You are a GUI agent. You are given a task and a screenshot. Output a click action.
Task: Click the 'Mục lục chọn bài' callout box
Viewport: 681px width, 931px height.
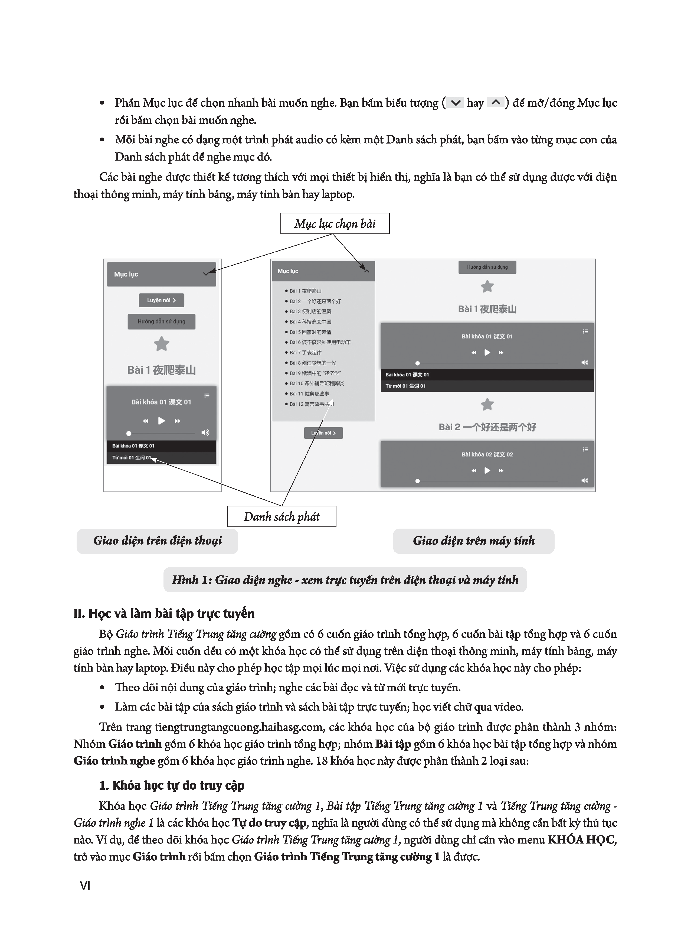[x=335, y=223]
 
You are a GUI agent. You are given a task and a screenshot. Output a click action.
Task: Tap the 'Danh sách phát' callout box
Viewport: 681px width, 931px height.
[x=281, y=516]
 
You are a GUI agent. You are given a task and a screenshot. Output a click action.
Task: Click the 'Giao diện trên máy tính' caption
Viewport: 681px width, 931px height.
[x=474, y=541]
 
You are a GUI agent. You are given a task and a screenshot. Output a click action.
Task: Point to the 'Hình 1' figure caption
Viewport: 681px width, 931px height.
[x=345, y=580]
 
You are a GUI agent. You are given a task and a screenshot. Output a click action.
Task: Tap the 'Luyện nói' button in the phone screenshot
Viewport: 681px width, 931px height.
[x=161, y=300]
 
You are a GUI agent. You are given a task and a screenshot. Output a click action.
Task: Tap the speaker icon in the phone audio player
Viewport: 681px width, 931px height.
[x=205, y=432]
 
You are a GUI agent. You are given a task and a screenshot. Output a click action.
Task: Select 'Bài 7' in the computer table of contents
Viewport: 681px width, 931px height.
[x=305, y=353]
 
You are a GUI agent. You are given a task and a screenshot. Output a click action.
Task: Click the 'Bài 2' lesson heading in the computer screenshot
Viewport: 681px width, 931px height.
[x=487, y=427]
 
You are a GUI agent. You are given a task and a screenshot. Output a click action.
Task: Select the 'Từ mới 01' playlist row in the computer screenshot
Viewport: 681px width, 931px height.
[x=487, y=386]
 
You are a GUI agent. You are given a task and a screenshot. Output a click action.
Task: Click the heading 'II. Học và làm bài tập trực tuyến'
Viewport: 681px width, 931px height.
[x=164, y=614]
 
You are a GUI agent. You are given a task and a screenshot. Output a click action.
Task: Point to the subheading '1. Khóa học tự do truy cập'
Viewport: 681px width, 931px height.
[x=172, y=786]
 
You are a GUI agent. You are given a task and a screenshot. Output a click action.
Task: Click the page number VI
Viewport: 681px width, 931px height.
[x=85, y=886]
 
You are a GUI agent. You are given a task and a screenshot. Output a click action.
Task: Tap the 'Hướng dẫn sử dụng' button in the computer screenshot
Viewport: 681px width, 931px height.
[x=487, y=267]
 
